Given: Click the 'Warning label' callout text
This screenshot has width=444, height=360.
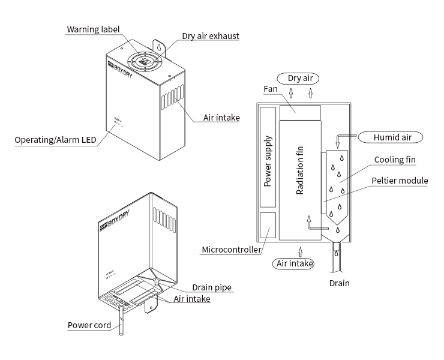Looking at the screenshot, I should click(93, 29).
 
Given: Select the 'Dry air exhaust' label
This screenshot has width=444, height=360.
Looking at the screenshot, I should click(211, 36).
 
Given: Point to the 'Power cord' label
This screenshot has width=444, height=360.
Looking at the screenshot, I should click(89, 325).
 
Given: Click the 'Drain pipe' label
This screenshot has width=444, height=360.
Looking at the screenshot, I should click(212, 287).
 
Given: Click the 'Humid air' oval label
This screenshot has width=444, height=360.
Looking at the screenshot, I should click(392, 137).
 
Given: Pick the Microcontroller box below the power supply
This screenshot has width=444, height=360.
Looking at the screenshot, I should click(268, 228).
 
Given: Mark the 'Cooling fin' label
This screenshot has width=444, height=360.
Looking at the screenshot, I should click(395, 160).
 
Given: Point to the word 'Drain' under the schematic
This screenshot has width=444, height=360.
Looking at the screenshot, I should click(338, 283).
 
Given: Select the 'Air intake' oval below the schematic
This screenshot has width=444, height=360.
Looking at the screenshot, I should click(293, 263).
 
